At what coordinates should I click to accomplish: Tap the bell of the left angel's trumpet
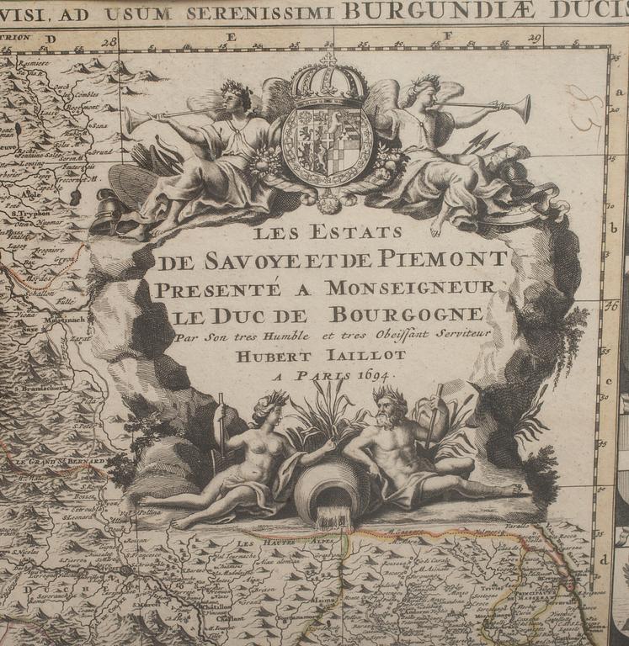[x=131, y=120]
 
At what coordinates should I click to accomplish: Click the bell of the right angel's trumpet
[x=523, y=108]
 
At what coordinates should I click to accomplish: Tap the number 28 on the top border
[x=109, y=40]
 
